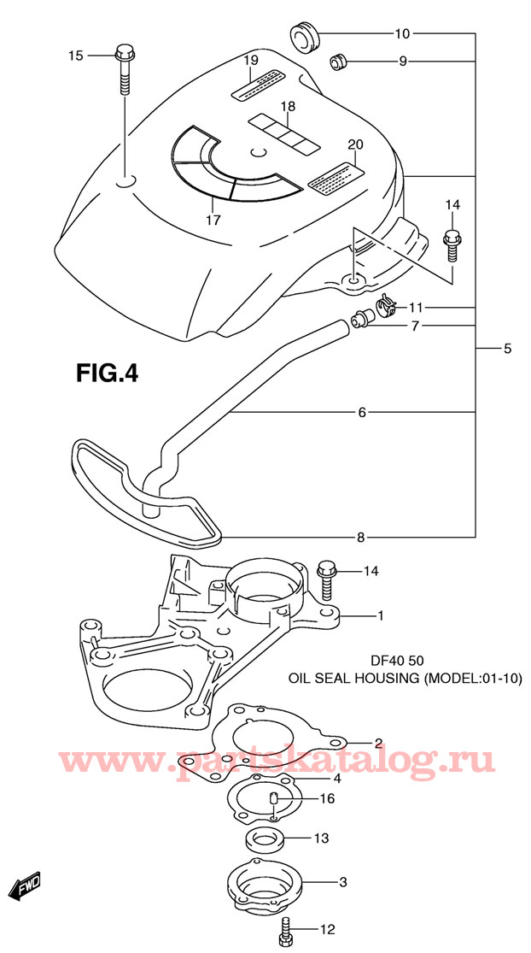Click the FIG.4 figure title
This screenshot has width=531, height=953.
pos(107,372)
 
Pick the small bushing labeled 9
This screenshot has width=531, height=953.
pos(338,62)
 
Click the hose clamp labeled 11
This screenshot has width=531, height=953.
pos(385,306)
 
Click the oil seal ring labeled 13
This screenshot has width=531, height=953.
pos(265,840)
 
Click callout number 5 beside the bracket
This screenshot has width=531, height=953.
pos(507,349)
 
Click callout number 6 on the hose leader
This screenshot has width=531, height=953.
pos(362,413)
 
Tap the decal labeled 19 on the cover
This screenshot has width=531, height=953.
pos(258,84)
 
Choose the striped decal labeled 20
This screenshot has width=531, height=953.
pos(336,179)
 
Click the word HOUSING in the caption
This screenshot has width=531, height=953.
pos(385,679)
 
